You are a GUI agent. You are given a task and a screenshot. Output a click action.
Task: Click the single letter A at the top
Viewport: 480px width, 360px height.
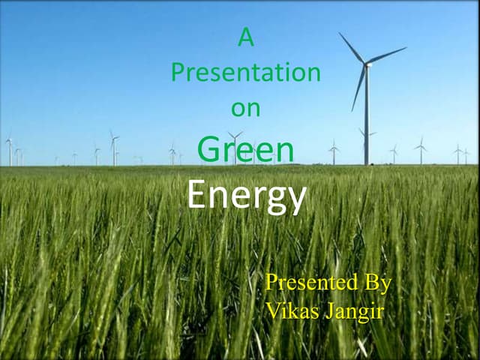pyautogui.click(x=245, y=37)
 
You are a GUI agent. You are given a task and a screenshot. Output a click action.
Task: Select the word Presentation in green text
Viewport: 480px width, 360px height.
pyautogui.click(x=245, y=73)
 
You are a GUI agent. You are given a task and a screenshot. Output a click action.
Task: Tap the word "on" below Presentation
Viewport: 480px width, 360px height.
pyautogui.click(x=245, y=108)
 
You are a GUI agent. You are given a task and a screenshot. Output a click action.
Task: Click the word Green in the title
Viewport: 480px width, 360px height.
pyautogui.click(x=245, y=149)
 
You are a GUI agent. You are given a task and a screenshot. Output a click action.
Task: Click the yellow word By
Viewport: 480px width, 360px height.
pyautogui.click(x=377, y=283)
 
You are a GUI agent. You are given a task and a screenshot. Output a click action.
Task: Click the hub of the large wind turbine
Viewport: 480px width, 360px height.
pyautogui.click(x=367, y=64)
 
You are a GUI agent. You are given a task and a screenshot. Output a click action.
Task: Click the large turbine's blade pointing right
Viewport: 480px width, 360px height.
pyautogui.click(x=387, y=55)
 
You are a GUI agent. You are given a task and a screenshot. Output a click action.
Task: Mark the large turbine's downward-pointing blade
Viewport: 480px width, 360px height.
pyautogui.click(x=358, y=88)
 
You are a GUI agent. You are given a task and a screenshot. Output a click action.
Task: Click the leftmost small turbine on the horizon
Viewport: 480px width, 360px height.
pyautogui.click(x=9, y=150)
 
